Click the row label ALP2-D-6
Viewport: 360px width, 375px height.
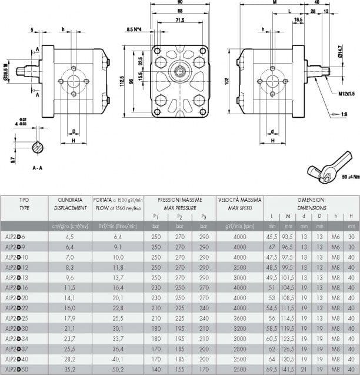coord(20,236)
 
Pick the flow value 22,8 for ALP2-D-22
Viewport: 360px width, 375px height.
coord(118,307)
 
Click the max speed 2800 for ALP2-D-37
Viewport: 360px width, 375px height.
coord(239,348)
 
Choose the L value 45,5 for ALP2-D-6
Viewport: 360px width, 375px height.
coord(272,236)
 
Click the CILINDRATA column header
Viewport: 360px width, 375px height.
coord(69,200)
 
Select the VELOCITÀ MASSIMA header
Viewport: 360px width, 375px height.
coord(239,200)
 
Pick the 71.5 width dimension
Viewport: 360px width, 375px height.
coord(180,20)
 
